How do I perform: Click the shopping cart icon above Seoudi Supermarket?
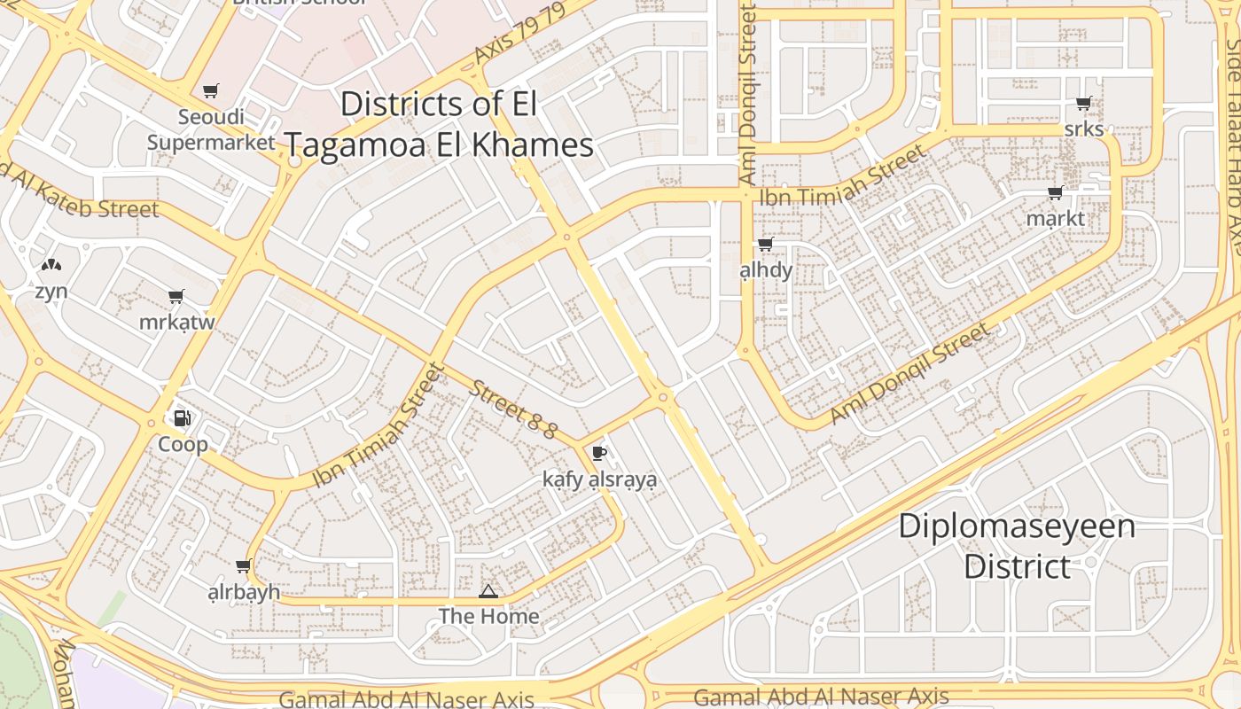tap(211, 90)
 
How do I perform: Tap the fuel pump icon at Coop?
tap(183, 417)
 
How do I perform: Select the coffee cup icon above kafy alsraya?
tap(599, 454)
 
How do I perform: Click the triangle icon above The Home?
tap(488, 591)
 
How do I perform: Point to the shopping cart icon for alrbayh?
tap(244, 565)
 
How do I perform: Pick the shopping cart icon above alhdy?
tap(765, 244)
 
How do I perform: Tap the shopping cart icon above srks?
tap(1083, 104)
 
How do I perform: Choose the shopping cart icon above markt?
tap(1055, 192)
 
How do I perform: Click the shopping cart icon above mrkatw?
tap(176, 296)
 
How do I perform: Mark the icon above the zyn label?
tap(51, 264)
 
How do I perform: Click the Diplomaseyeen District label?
tap(1017, 546)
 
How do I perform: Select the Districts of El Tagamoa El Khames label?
tap(440, 125)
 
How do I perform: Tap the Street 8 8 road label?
tap(513, 409)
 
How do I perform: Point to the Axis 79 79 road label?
tap(519, 33)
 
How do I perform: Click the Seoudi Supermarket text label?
tap(211, 129)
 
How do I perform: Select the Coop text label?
tap(183, 444)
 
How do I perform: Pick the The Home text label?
tap(488, 616)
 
